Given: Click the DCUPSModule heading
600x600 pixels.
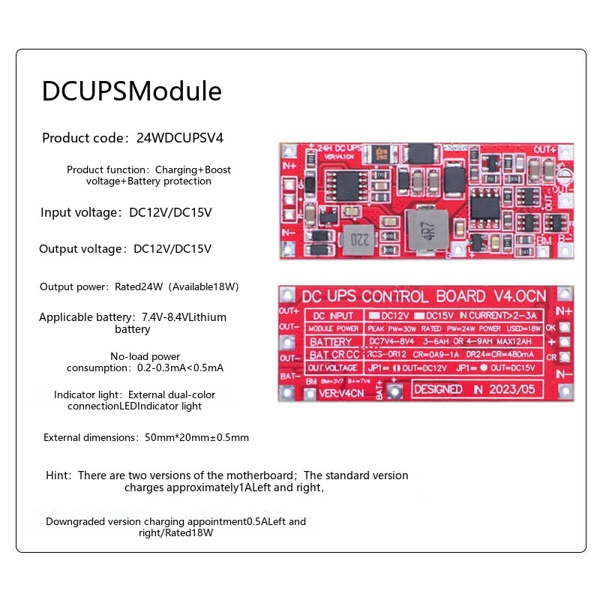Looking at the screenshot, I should [x=131, y=91].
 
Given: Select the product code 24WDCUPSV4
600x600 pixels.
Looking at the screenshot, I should [x=180, y=138].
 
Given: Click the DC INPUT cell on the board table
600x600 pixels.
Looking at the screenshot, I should [x=331, y=315].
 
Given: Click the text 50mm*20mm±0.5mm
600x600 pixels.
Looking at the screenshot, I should [x=196, y=437].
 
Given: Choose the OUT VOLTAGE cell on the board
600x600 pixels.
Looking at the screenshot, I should [x=332, y=367].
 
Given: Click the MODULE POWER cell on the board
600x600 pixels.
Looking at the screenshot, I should [x=331, y=328].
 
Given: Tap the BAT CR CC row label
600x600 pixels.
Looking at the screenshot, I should [x=332, y=355].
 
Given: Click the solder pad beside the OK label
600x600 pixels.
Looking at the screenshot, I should [x=564, y=328].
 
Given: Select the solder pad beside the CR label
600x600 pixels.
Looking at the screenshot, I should [x=564, y=358].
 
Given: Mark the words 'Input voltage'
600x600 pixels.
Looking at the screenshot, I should [x=79, y=212].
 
